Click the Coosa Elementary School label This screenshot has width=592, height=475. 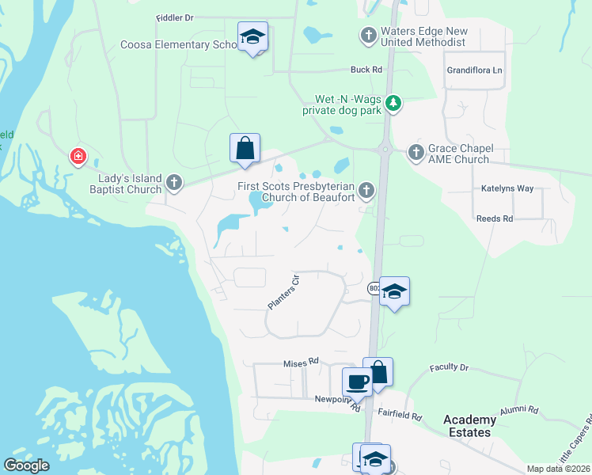180,45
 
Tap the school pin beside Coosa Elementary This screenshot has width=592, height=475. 252,37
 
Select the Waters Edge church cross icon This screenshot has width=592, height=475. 367,36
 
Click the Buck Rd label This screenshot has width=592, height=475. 366,70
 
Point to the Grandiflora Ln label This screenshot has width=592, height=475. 475,70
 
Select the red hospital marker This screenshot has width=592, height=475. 78,156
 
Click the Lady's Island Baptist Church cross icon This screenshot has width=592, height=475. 174,184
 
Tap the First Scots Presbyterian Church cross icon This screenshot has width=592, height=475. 366,189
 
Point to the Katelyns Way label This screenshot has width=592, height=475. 507,188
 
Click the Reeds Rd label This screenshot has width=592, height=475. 495,218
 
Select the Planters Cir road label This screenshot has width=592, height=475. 283,292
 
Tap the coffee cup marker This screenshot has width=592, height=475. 358,382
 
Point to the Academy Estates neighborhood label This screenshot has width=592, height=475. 469,426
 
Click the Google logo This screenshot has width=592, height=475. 27,465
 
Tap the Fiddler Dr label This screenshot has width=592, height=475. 175,17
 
